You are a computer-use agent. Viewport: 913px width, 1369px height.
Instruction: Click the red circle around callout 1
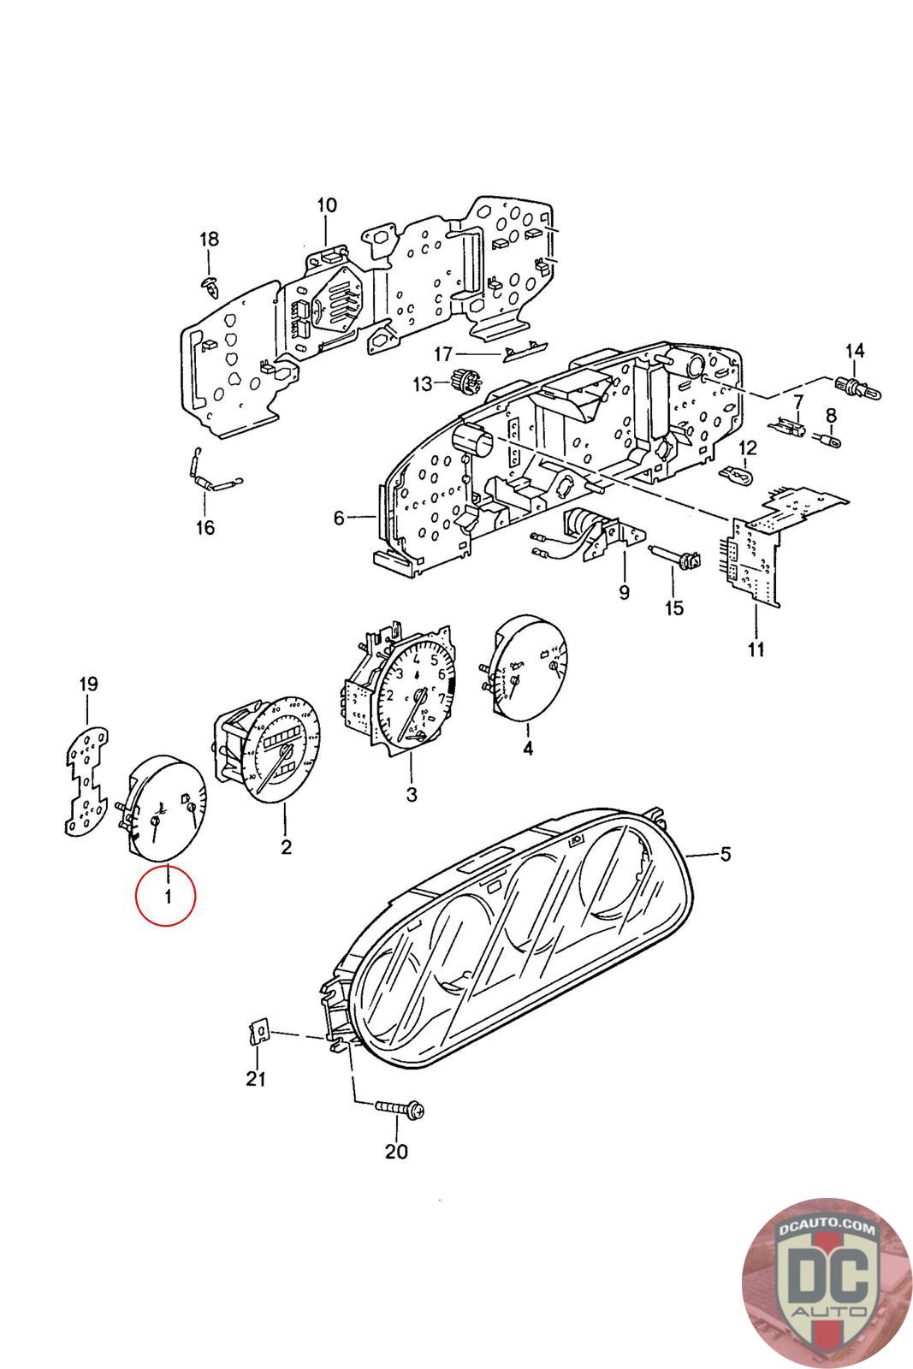coord(166,896)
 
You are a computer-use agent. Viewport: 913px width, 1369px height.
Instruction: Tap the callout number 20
coord(396,1152)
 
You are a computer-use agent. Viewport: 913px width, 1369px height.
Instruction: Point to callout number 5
coord(725,854)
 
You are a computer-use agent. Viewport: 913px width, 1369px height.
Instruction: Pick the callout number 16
coord(205,527)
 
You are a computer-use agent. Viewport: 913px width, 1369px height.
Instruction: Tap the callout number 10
coord(327,205)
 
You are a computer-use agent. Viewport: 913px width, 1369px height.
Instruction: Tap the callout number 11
coord(756,650)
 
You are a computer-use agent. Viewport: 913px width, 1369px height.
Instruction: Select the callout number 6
coord(339,519)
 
